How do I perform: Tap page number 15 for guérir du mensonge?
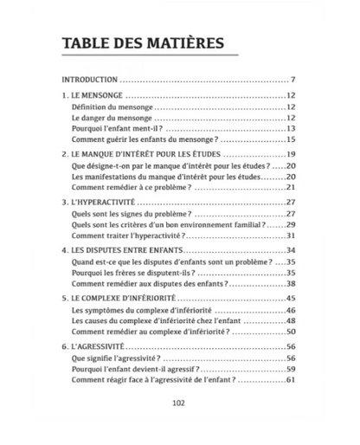(x=292, y=139)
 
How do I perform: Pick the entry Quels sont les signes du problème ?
(x=132, y=213)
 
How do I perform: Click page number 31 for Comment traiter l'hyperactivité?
(x=292, y=235)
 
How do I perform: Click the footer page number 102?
(x=180, y=401)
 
